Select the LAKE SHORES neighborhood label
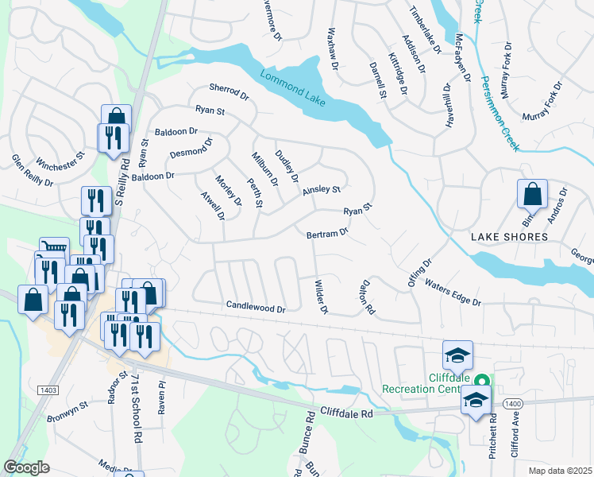tap(509, 237)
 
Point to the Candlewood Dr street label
tap(255, 305)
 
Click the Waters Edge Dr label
tap(453, 292)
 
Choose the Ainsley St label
tap(321, 189)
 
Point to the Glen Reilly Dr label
tap(32, 170)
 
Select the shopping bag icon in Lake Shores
tap(531, 194)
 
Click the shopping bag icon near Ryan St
tap(116, 117)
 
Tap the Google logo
tap(27, 467)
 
